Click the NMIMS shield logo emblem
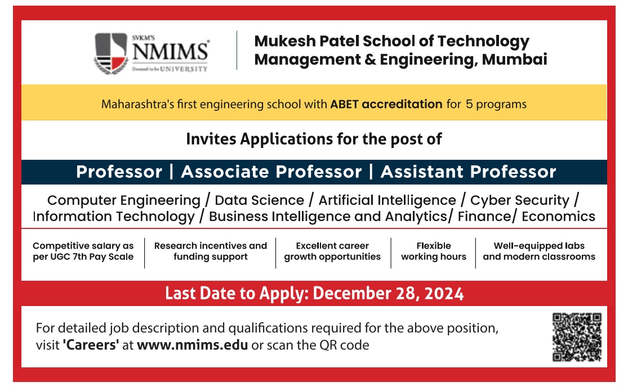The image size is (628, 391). click(x=111, y=53)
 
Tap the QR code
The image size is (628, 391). click(x=577, y=338)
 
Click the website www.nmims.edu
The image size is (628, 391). click(x=192, y=345)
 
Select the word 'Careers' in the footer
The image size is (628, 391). click(x=91, y=345)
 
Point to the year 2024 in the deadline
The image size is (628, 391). click(x=444, y=293)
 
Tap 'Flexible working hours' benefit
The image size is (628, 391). click(x=434, y=251)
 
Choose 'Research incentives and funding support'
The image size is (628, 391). click(x=211, y=251)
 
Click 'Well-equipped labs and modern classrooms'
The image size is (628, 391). click(x=539, y=251)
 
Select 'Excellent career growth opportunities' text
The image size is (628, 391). click(x=332, y=251)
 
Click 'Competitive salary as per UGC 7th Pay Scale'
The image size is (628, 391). click(x=83, y=251)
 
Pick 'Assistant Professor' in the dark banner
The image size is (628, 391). click(x=468, y=172)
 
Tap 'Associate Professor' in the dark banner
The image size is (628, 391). click(x=271, y=172)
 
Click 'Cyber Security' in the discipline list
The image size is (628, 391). click(x=519, y=200)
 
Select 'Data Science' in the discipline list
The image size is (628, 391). click(x=260, y=200)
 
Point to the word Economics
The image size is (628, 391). click(x=558, y=217)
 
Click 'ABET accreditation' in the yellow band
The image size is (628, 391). click(x=386, y=104)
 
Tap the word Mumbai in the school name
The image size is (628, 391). click(x=514, y=59)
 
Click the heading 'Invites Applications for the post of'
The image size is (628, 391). click(x=314, y=140)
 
